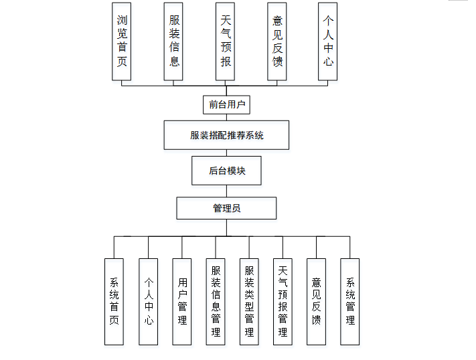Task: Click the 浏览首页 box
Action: click(121, 41)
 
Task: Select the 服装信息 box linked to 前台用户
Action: click(173, 41)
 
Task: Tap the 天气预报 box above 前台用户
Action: click(226, 41)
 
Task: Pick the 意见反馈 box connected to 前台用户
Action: click(276, 41)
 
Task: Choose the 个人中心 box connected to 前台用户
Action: click(327, 41)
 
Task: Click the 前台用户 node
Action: click(226, 104)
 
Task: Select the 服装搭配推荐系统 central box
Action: click(226, 135)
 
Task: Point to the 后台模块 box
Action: click(226, 171)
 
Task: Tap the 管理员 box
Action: click(226, 208)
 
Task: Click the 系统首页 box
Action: click(114, 302)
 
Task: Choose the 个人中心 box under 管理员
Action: click(149, 302)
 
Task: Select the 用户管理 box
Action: click(182, 302)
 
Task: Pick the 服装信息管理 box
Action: click(216, 302)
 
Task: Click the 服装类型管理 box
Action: click(249, 302)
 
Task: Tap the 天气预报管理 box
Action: click(283, 302)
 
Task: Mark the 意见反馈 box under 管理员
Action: click(316, 302)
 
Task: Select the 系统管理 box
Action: click(349, 302)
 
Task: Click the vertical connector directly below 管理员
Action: click(226, 228)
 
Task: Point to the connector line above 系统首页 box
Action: click(114, 248)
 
